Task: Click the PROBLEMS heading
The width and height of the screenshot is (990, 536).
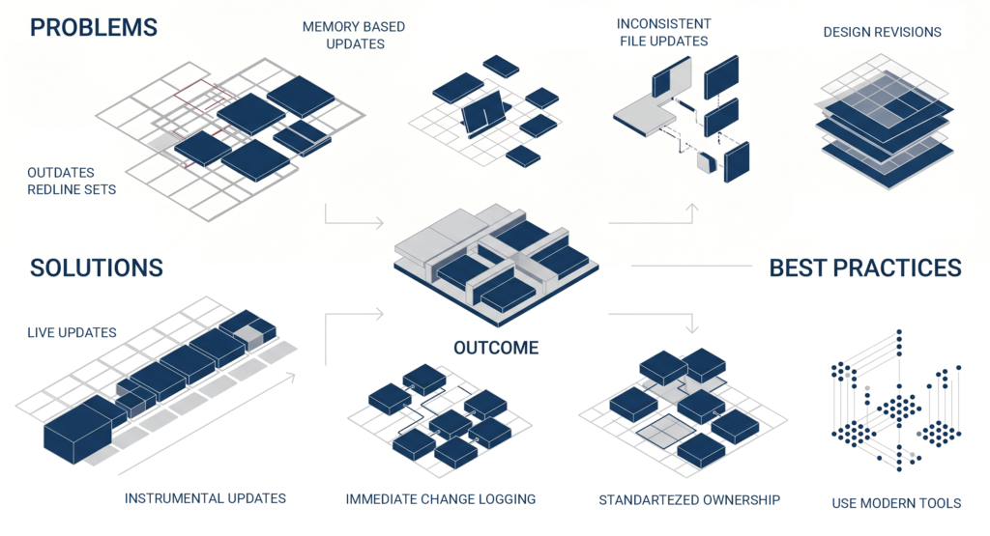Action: [x=94, y=28]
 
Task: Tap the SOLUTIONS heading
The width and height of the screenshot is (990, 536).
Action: [x=97, y=268]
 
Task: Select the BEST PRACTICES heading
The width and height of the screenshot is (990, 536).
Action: [x=865, y=268]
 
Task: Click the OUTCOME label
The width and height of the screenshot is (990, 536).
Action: [x=496, y=348]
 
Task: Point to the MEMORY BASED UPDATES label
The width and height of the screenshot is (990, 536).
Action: [x=354, y=36]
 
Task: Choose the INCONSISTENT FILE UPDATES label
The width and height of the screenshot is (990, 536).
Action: [x=663, y=32]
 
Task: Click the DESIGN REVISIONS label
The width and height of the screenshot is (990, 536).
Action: [x=882, y=32]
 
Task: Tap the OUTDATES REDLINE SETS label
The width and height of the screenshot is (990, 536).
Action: [x=72, y=181]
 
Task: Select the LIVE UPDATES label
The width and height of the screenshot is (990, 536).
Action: [x=72, y=333]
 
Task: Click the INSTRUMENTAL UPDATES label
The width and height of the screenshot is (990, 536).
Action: [x=205, y=498]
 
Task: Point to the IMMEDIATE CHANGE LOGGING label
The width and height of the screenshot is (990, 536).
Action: [x=441, y=499]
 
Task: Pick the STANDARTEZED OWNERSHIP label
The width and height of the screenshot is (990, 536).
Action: [x=689, y=500]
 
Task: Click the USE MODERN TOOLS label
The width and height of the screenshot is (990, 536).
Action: [x=896, y=503]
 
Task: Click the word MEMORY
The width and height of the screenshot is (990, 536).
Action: [x=329, y=27]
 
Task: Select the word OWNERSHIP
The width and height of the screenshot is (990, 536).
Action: [x=738, y=500]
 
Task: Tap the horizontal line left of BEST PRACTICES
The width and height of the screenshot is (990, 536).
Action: [x=691, y=267]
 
